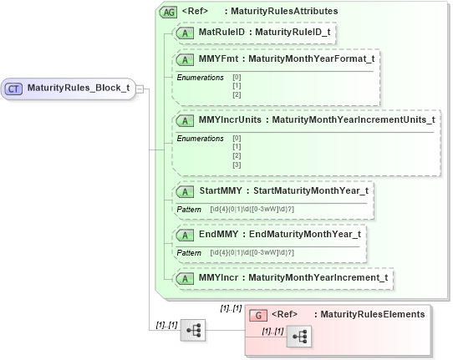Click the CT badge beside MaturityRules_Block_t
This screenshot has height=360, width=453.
tap(14, 88)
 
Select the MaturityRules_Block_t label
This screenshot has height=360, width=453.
tap(78, 88)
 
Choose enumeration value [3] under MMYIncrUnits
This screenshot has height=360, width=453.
tap(237, 165)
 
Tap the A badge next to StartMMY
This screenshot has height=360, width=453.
tap(187, 190)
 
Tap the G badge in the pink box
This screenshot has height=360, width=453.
tap(259, 314)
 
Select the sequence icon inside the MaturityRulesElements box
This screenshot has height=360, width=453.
tap(300, 337)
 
